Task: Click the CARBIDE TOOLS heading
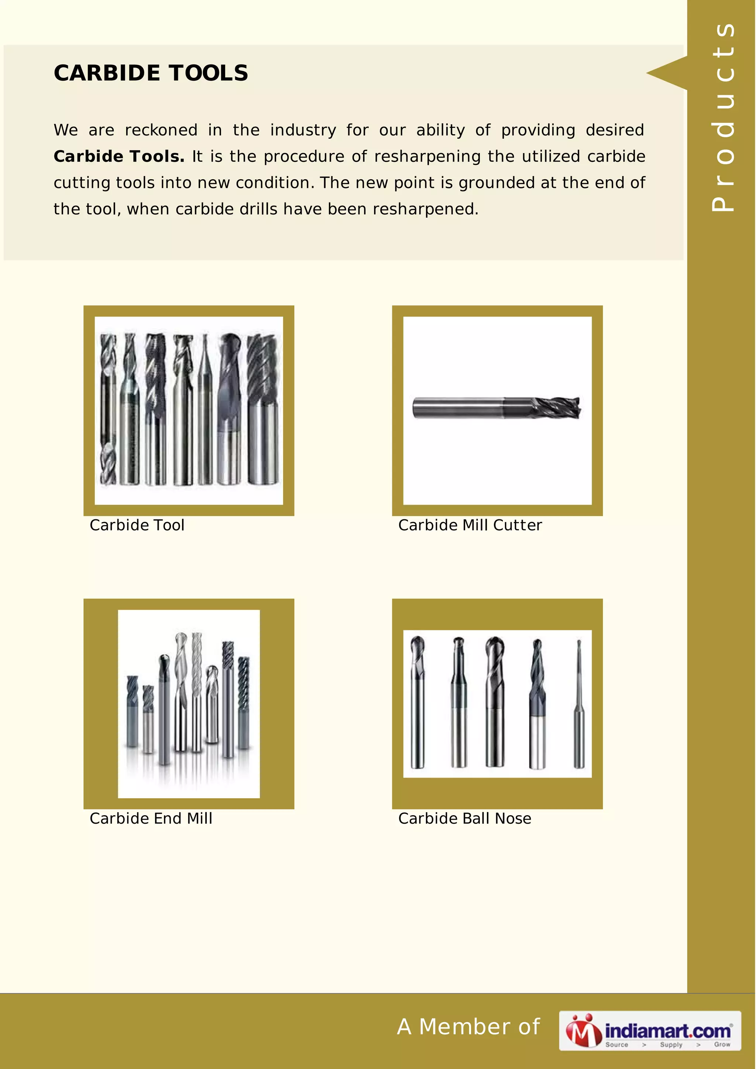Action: tap(151, 73)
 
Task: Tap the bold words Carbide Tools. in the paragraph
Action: tap(119, 156)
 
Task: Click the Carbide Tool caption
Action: tap(137, 525)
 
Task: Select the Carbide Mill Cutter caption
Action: tap(470, 525)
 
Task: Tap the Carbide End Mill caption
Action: tap(151, 819)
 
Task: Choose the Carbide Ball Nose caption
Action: tap(464, 819)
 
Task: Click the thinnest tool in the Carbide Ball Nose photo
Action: tap(579, 703)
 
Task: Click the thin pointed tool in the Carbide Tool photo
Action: tap(205, 410)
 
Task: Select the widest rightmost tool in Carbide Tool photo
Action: tap(263, 410)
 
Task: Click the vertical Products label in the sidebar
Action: tap(723, 117)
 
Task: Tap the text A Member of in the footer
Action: tap(468, 1027)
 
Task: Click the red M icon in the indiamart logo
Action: tap(583, 1031)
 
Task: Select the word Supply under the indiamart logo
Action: tap(671, 1044)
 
